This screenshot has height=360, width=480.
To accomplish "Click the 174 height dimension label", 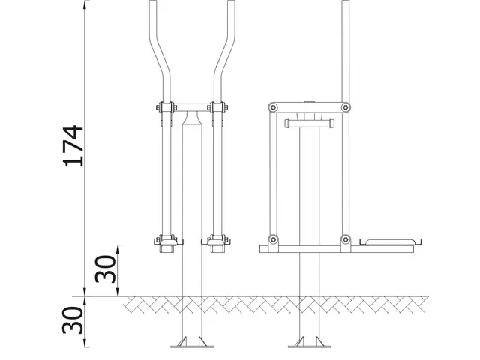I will (x=73, y=145).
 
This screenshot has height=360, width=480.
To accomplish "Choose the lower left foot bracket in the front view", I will (x=167, y=241).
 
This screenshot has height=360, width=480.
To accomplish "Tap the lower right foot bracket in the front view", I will (x=217, y=241).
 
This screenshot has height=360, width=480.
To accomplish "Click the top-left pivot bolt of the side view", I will (x=273, y=107).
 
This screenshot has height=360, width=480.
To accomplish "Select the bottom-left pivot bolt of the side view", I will (x=273, y=241).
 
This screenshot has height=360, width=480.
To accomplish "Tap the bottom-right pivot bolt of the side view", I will (x=345, y=241).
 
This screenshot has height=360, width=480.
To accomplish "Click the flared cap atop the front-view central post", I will (x=192, y=118).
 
